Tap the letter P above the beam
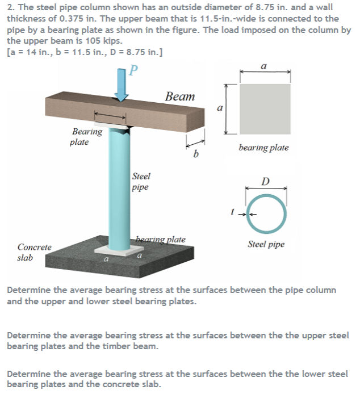click(133, 71)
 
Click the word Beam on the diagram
click(179, 97)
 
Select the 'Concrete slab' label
click(34, 252)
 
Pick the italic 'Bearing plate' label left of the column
click(87, 137)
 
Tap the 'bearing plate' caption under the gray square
click(263, 148)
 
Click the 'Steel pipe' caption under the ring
click(266, 245)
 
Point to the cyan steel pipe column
click(120, 187)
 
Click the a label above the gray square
click(265, 66)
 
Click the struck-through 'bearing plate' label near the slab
click(161, 239)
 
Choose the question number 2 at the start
click(9, 7)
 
